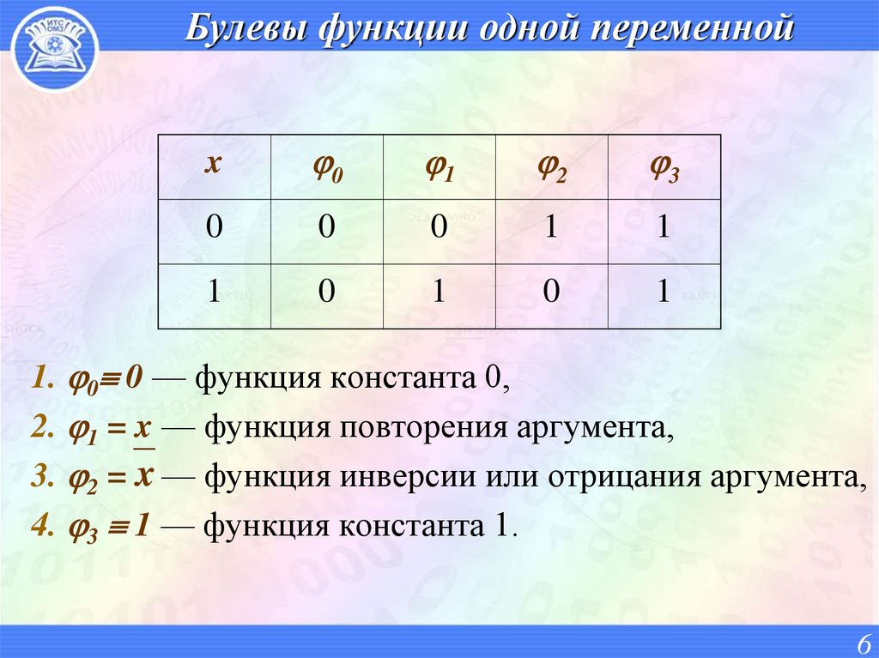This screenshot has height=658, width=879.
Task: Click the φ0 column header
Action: (327, 168)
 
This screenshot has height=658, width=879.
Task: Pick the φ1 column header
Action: (439, 168)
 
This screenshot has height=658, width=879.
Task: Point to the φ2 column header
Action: (551, 168)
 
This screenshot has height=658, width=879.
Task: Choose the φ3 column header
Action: (664, 168)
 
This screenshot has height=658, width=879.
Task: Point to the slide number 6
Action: (862, 643)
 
